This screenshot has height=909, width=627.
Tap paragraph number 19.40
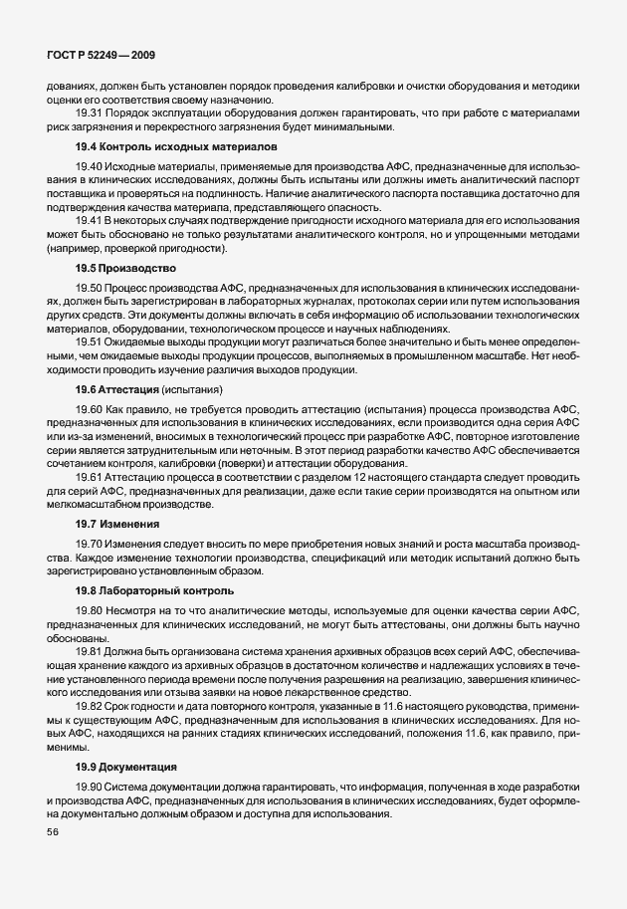point(89,165)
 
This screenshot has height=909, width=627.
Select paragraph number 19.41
point(89,218)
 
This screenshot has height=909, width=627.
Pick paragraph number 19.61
point(89,477)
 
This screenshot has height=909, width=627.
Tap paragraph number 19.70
point(89,543)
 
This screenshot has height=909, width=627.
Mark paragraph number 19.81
point(89,649)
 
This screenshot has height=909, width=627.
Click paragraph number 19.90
point(89,787)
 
